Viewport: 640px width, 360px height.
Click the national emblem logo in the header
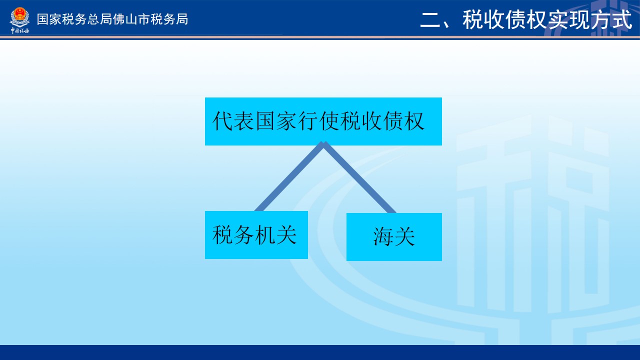click(x=19, y=17)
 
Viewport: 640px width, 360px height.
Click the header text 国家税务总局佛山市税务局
click(x=112, y=19)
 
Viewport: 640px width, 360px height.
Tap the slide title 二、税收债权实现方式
click(x=526, y=19)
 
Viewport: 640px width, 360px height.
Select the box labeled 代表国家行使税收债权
click(x=323, y=121)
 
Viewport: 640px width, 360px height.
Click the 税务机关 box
click(x=256, y=235)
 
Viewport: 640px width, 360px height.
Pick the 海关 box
click(x=394, y=237)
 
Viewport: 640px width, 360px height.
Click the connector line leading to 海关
click(x=360, y=177)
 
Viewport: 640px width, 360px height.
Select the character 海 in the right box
click(x=383, y=236)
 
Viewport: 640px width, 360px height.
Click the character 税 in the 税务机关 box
click(x=222, y=234)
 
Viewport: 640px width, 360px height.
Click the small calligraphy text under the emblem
click(x=19, y=30)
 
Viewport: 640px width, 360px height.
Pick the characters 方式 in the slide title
click(x=611, y=19)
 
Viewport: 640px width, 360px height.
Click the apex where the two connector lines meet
click(x=323, y=143)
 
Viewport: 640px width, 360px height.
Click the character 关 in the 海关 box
click(x=404, y=236)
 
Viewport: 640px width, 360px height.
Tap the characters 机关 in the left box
click(x=275, y=234)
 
